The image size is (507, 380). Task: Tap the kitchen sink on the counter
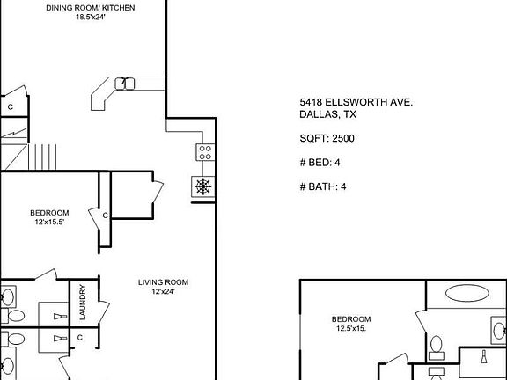124,83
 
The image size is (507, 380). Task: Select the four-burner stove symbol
204,156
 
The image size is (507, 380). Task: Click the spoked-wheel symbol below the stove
203,186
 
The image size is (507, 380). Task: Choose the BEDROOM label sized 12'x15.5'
49,213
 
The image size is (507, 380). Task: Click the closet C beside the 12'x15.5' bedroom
105,215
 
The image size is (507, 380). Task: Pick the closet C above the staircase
11,107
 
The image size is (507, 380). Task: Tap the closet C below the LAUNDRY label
79,337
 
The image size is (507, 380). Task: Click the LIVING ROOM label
163,282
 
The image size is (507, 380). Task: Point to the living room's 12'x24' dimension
163,292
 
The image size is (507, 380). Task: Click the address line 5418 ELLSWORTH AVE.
356,103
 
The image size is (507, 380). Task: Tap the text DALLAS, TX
327,114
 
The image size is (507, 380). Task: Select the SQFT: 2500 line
327,138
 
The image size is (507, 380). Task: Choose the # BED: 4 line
320,162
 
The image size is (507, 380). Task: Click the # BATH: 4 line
323,186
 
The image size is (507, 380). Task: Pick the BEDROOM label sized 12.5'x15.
351,319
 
